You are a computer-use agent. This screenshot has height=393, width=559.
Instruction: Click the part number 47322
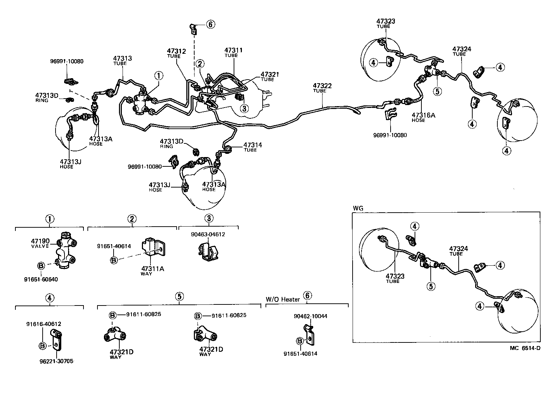[322, 86]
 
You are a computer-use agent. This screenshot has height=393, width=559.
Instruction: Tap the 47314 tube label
[253, 145]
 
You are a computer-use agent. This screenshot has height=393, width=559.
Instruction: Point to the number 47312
[176, 51]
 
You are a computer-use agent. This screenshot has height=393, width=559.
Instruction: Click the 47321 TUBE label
[269, 75]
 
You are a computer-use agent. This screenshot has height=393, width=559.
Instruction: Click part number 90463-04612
[209, 235]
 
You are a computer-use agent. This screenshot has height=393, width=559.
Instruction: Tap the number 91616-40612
[43, 324]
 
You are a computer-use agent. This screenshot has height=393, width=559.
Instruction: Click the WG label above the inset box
[358, 208]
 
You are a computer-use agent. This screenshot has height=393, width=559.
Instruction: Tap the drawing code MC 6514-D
[525, 348]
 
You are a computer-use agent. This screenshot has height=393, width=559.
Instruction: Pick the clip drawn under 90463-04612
[209, 251]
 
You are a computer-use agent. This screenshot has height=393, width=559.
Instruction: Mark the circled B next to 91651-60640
[41, 266]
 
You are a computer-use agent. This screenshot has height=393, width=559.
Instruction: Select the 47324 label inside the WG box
[459, 249]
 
